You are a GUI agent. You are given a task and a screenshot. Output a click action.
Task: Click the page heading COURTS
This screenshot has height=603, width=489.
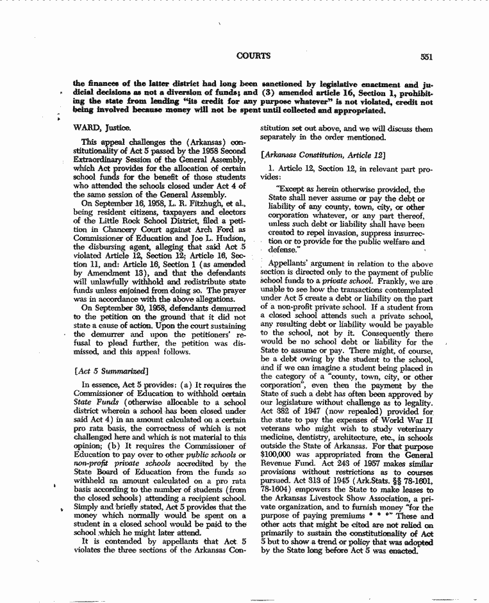(x=253, y=56)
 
